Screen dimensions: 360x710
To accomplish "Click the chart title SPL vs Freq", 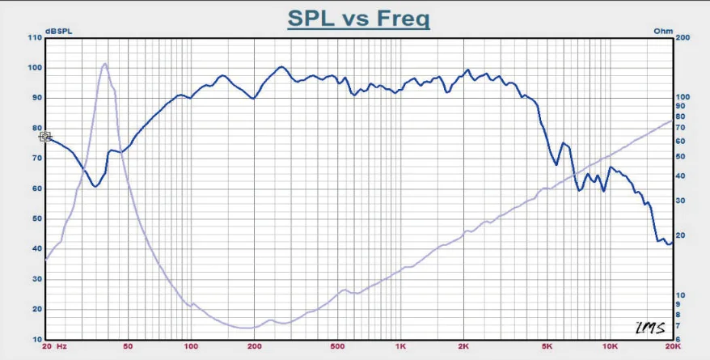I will pyautogui.click(x=358, y=17).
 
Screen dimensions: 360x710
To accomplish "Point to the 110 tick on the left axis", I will pyautogui.click(x=33, y=38).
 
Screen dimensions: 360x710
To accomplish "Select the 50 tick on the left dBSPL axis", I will pyautogui.click(x=36, y=218).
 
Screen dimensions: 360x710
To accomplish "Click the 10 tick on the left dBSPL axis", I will pyautogui.click(x=36, y=340).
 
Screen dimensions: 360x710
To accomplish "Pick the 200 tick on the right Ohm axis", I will pyautogui.click(x=683, y=38).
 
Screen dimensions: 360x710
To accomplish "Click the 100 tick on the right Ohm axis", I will pyautogui.click(x=683, y=97).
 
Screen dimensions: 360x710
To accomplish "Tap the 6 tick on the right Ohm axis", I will pyautogui.click(x=678, y=340).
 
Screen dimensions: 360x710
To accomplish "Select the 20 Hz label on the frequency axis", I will pyautogui.click(x=54, y=347).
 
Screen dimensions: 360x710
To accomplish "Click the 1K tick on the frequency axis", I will pyautogui.click(x=400, y=347).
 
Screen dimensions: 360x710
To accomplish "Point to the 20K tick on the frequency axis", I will pyautogui.click(x=673, y=347).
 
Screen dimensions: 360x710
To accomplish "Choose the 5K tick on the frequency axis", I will pyautogui.click(x=547, y=347).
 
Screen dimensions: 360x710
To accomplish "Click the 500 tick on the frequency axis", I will pyautogui.click(x=337, y=347).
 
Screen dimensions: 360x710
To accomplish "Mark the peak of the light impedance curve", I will pyautogui.click(x=104, y=63).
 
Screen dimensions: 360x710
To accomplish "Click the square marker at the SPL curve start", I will pyautogui.click(x=45, y=138).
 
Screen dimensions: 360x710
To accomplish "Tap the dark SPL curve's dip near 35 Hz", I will pyautogui.click(x=95, y=186).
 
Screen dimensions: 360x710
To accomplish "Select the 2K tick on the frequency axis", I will pyautogui.click(x=463, y=347).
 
